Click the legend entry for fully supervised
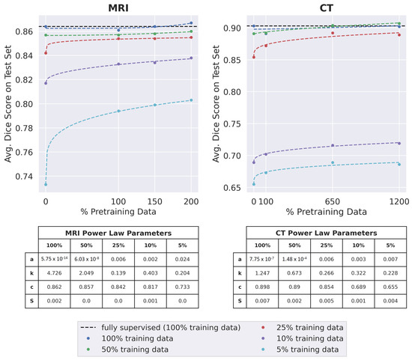tap(161, 327)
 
